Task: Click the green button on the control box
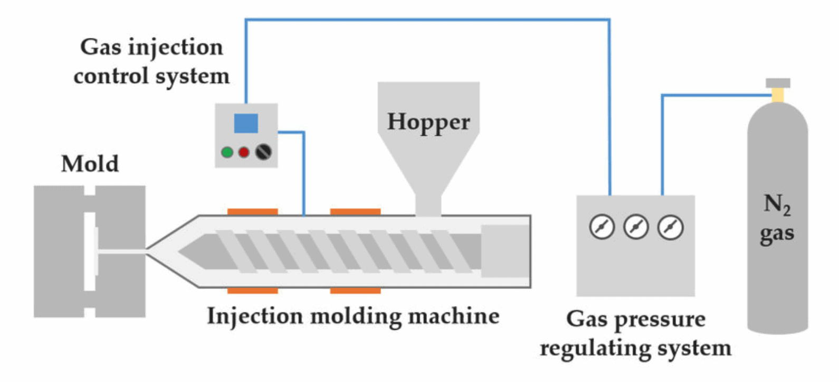[227, 153]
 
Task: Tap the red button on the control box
[244, 153]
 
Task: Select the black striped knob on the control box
[263, 152]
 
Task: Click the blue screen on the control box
[246, 123]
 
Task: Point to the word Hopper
[428, 122]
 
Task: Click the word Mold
[90, 164]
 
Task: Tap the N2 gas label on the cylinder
[777, 218]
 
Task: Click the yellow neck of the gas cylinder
[777, 95]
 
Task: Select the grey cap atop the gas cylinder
[778, 83]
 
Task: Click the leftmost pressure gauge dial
[602, 227]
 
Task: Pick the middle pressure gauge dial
[636, 227]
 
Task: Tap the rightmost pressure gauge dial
[670, 227]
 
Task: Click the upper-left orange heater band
[252, 212]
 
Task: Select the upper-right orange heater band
[355, 212]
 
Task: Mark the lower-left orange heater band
[252, 291]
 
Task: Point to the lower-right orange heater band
[355, 291]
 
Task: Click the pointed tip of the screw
[182, 251]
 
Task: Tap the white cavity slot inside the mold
[90, 251]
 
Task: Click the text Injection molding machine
[352, 316]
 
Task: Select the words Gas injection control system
[151, 61]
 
